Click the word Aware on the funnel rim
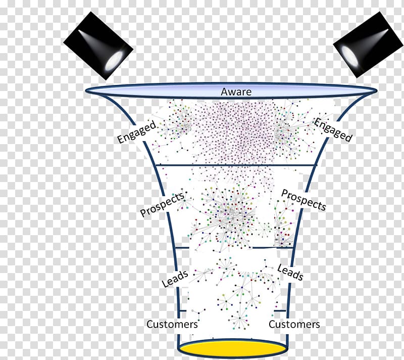click(x=236, y=92)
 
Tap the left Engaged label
click(x=137, y=131)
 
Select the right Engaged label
click(x=333, y=129)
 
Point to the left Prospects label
click(x=163, y=204)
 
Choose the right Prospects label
click(x=304, y=200)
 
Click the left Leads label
click(x=175, y=279)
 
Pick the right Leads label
click(x=290, y=272)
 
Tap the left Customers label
click(x=172, y=324)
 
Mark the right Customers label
click(x=294, y=324)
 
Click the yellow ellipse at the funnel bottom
click(x=233, y=349)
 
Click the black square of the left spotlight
click(x=98, y=46)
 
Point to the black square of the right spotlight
click(x=369, y=44)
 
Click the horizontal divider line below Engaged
click(x=236, y=165)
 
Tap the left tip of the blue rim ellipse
click(x=85, y=91)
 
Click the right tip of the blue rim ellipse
click(x=377, y=91)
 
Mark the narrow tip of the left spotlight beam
click(x=79, y=31)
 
